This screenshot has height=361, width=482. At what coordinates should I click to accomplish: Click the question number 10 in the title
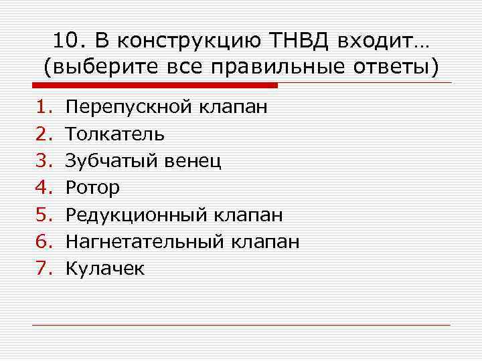pyautogui.click(x=64, y=41)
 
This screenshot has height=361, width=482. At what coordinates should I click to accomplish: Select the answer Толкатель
pyautogui.click(x=115, y=134)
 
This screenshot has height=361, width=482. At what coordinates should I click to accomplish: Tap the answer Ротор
pyautogui.click(x=93, y=189)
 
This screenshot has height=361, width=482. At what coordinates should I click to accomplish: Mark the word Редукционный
pyautogui.click(x=137, y=215)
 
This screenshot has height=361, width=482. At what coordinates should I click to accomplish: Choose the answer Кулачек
pyautogui.click(x=105, y=268)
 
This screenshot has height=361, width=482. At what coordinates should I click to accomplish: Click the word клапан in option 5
pyautogui.click(x=249, y=215)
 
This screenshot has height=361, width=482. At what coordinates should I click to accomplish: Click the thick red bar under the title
pyautogui.click(x=155, y=86)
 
